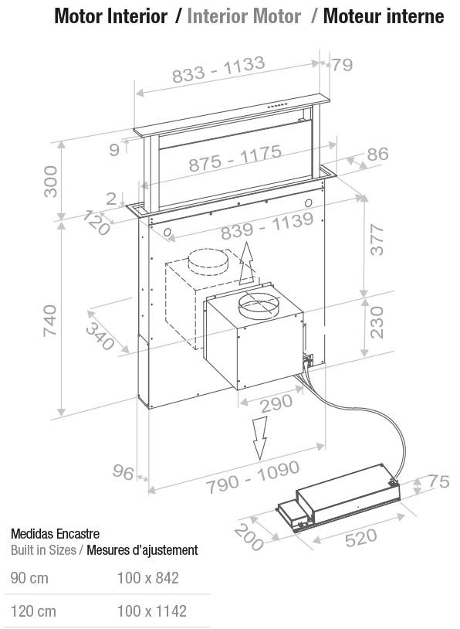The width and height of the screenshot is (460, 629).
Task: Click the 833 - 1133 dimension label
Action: [218, 69]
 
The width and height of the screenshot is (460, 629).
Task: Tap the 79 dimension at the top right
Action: [342, 65]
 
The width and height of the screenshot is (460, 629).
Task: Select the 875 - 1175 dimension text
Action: [235, 158]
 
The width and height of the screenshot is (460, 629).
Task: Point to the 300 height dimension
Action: [51, 182]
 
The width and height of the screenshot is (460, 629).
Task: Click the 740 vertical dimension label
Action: [51, 321]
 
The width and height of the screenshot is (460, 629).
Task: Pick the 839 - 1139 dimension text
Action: [267, 226]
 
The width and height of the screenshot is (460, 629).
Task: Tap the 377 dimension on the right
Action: [377, 240]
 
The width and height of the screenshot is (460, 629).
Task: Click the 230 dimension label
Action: [377, 322]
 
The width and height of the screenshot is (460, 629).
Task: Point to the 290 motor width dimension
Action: [276, 403]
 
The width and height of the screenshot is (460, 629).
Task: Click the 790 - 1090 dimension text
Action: [253, 477]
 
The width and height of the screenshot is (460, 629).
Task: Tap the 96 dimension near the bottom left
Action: [123, 471]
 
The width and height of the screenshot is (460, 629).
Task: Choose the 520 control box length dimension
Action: [361, 537]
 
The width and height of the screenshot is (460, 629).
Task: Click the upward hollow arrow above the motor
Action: [247, 263]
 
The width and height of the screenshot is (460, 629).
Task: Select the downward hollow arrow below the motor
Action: [259, 437]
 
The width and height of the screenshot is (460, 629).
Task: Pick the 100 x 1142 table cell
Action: [152, 611]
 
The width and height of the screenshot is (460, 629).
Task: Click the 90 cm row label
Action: [29, 578]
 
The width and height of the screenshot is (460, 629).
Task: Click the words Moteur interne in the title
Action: [384, 16]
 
